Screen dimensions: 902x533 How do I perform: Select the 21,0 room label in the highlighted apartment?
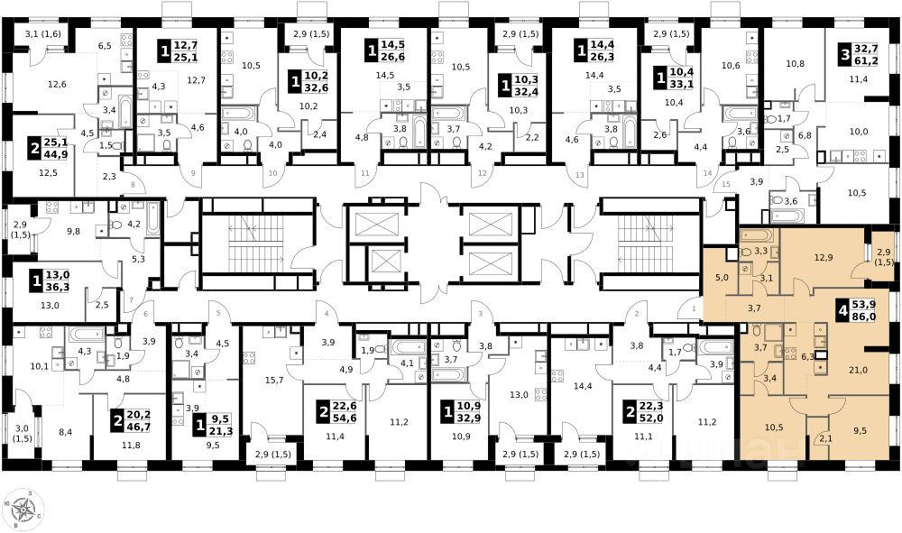coord(858,371)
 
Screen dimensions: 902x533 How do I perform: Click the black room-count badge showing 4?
coord(843,311)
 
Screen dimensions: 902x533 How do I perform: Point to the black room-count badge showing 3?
coord(845,55)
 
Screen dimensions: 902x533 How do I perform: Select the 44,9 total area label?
coord(56,153)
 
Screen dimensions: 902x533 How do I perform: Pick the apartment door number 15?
coord(725,184)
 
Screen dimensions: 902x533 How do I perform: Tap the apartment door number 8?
coord(133,185)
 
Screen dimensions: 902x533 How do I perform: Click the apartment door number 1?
coord(694,308)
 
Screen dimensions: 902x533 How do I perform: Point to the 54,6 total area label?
coord(345,418)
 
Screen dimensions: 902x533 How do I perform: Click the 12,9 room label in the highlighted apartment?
coord(824,257)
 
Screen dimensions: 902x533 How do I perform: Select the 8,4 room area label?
coord(66,432)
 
